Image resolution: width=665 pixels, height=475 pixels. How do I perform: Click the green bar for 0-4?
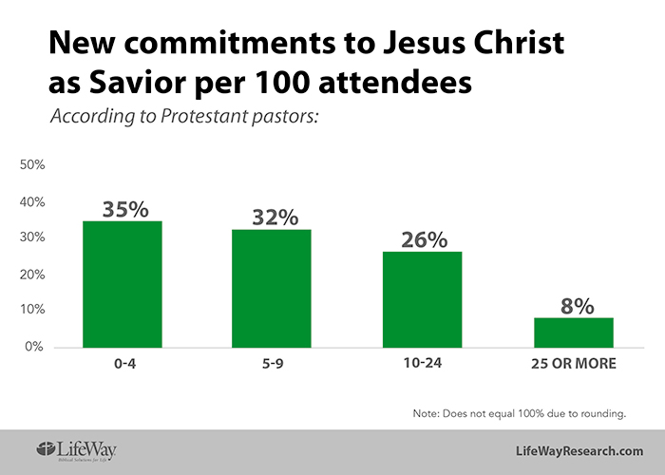tap(122, 284)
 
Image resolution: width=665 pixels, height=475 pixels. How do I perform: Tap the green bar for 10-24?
tap(422, 299)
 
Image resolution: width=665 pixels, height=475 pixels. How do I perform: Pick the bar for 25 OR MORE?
tap(573, 332)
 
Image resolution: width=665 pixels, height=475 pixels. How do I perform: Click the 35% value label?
tap(123, 208)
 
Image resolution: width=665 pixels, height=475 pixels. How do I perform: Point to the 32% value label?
tap(273, 217)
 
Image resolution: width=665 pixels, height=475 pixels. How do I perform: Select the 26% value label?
tap(423, 238)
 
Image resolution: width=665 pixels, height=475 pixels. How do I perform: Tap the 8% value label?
tap(576, 306)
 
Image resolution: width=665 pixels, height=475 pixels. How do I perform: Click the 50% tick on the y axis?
tap(32, 165)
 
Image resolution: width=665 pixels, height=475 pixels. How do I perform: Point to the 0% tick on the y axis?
tap(35, 347)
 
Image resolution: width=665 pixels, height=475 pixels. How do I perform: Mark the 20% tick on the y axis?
tap(32, 275)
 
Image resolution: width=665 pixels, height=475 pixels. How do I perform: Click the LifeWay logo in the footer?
tap(77, 449)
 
